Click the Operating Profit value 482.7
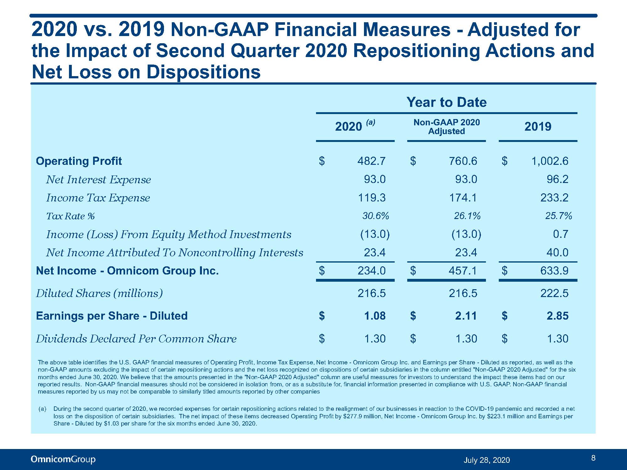(371, 161)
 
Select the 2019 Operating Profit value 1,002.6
(550, 161)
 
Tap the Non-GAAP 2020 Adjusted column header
(446, 127)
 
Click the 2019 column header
(538, 126)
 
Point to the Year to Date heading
(446, 102)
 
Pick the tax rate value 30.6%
(376, 216)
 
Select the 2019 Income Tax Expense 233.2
(554, 198)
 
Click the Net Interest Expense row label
(98, 180)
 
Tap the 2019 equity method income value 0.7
(561, 234)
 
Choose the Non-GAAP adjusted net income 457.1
(463, 271)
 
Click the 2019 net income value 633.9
(554, 271)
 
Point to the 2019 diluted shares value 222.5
(554, 293)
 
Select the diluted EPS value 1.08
(375, 316)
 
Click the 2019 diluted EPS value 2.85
(558, 316)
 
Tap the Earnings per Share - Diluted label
(112, 316)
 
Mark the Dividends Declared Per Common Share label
(136, 339)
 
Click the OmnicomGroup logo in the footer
(63, 459)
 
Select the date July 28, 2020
(487, 460)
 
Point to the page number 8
(593, 458)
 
